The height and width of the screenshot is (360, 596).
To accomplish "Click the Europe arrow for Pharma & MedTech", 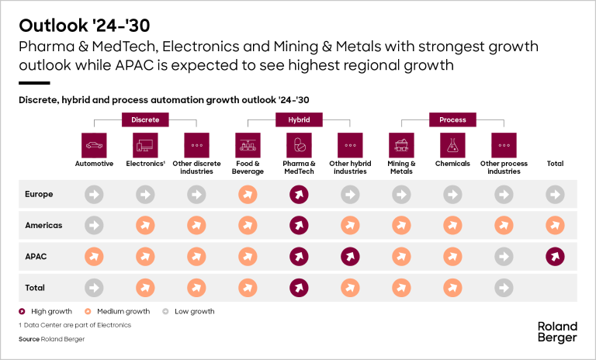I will pos(298,194).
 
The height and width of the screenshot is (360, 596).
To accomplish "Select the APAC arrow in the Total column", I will pos(555,256).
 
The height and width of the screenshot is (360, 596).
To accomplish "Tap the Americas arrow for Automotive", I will pos(94,225).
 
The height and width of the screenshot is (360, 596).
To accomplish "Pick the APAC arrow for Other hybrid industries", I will pos(349,256).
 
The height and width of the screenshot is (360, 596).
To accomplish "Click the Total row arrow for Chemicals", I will pos(452,287).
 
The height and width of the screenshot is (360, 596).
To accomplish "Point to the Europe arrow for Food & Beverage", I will pos(247,194).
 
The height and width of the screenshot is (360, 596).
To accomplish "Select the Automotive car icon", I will pos(94,144).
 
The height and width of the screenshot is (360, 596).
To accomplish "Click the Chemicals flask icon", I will pos(452,144).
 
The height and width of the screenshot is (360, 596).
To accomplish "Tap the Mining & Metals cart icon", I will pos(401,144).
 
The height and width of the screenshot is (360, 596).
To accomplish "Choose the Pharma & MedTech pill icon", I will pos(298,144).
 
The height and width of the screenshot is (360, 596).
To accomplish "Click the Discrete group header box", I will pos(145,119).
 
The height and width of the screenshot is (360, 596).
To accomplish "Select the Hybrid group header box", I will pos(298,119).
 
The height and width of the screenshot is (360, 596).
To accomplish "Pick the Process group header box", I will pos(452,119).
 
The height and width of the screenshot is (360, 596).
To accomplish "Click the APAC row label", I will pos(36,256).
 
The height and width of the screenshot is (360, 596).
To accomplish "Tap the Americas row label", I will pos(43,225).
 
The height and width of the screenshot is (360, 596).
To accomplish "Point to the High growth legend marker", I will pos(23,311).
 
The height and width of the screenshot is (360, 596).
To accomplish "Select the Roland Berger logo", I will pos(557,332).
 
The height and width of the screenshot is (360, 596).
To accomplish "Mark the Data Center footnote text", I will pos(75,324).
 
